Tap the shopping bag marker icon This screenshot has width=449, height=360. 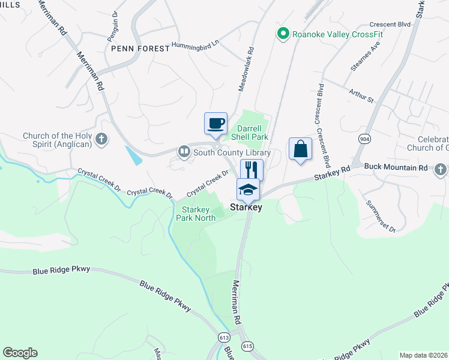(300, 149)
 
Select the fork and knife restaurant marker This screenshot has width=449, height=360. (252, 170)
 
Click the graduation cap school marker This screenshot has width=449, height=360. (248, 190)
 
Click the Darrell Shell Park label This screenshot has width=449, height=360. (252, 133)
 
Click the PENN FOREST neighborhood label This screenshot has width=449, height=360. (139, 49)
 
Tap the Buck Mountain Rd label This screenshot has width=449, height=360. (397, 167)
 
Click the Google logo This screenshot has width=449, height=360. (20, 353)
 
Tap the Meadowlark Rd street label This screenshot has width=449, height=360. (246, 70)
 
